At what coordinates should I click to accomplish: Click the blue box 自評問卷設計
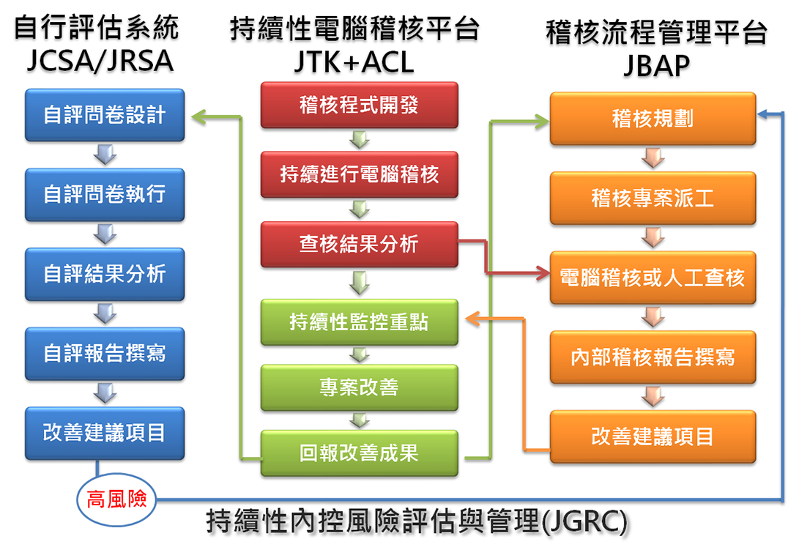[x=105, y=116]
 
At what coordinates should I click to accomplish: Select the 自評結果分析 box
[x=105, y=274]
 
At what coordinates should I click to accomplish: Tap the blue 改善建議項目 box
[x=105, y=433]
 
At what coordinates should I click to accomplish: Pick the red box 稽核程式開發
[x=359, y=105]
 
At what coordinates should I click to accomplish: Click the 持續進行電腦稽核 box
[x=359, y=174]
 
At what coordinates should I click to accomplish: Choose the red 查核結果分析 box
[x=359, y=245]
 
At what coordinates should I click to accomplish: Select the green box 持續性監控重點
[x=359, y=322]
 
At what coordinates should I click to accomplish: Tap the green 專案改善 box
[x=359, y=386]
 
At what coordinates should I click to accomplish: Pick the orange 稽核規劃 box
[x=653, y=119]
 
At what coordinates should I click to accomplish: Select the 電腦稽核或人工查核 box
[x=653, y=278]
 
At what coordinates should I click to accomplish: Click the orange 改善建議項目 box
[x=653, y=437]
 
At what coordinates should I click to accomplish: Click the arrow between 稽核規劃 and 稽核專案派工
[x=653, y=158]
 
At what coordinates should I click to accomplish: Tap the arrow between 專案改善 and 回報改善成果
[x=359, y=420]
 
